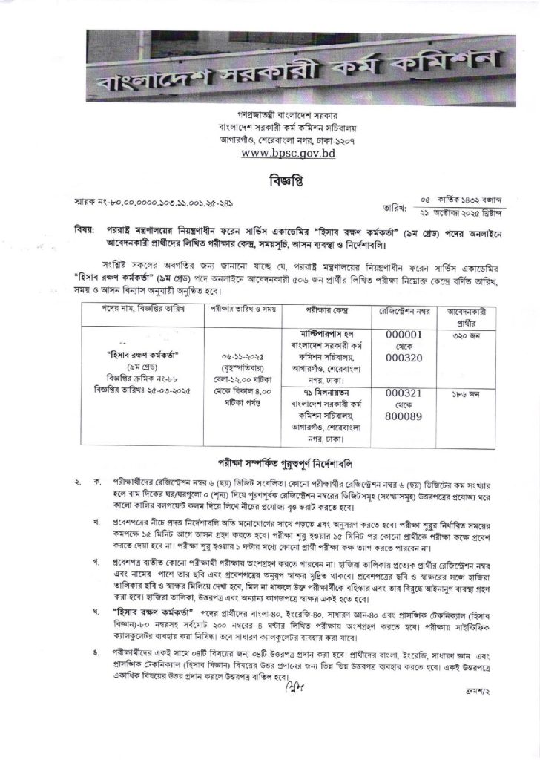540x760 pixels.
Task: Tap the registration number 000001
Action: coord(404,335)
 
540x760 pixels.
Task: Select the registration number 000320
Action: coord(404,364)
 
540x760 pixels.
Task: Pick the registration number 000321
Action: coord(404,391)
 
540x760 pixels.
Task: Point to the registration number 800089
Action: coord(404,418)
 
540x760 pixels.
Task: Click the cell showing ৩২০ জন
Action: coord(470,335)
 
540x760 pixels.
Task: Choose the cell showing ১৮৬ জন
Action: coord(470,391)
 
